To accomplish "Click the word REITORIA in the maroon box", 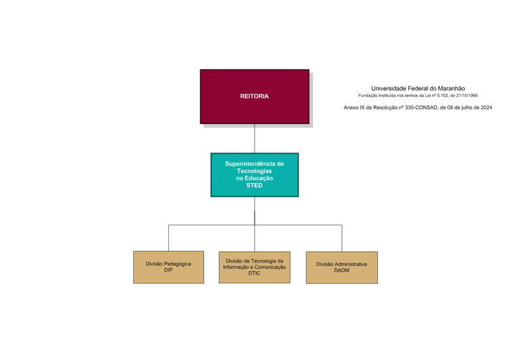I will pos(254,96).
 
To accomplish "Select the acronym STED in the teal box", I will pos(254,186).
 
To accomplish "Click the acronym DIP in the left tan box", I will pos(168,270).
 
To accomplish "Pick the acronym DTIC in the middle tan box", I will pos(254,273).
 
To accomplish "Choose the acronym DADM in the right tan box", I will pos(341,270).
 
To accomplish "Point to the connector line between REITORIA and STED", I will pos(254,139).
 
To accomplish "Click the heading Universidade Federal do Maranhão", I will pos(418,88).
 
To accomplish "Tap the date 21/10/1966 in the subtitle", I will pos(465,95).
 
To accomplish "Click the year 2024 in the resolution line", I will pos(485,107).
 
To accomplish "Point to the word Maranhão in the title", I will pos(451,88).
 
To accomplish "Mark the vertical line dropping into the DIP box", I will pos(168,238).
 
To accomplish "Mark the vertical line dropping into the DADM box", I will pos(341,238).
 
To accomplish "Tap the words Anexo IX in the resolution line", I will pos(354,107).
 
